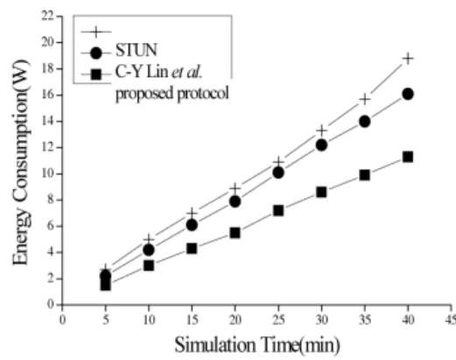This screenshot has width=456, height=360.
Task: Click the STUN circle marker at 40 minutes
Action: (408, 94)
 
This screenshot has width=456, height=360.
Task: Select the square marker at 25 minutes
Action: (278, 210)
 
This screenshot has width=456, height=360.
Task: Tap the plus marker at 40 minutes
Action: (408, 59)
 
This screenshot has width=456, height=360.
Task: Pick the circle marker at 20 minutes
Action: (235, 201)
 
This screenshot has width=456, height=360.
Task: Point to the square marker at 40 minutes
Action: (408, 157)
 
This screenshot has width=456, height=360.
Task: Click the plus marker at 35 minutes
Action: (365, 100)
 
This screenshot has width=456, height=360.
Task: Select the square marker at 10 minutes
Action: (149, 265)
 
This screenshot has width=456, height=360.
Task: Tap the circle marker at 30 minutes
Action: (321, 145)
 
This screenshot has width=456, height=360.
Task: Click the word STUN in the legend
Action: (137, 50)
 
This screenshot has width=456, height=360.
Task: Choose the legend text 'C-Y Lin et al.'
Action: (158, 72)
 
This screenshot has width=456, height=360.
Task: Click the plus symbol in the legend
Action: (96, 32)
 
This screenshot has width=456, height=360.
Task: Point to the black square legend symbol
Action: (96, 74)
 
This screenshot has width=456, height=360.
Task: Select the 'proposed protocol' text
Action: (172, 94)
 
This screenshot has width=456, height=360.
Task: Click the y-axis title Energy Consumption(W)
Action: (21, 162)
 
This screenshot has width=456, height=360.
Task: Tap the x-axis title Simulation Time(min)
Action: (257, 345)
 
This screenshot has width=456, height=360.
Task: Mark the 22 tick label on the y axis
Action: (48, 16)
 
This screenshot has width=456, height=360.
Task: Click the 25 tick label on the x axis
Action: (278, 320)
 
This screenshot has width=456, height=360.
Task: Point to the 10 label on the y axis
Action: (48, 173)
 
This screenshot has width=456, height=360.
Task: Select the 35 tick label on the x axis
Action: (365, 320)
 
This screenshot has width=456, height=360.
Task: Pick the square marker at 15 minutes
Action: (192, 249)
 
